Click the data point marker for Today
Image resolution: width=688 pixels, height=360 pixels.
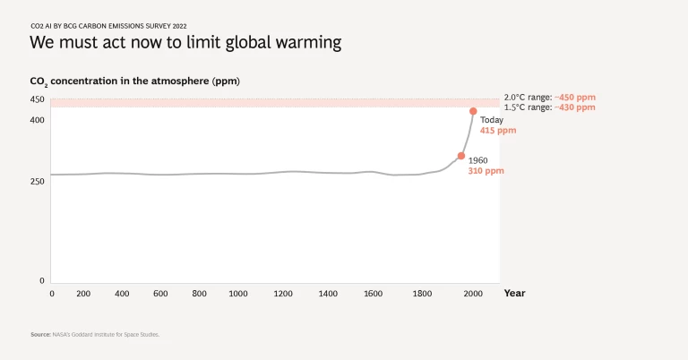tap(473, 111)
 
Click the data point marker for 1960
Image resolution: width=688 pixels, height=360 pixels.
tap(461, 156)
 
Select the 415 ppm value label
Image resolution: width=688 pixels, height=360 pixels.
tap(498, 131)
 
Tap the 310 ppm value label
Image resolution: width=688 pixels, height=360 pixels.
tap(486, 171)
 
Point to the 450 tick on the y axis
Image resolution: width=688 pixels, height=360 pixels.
tap(37, 99)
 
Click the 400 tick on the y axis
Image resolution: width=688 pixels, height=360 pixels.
tap(37, 120)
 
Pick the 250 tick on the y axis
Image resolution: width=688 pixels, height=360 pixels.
tap(37, 181)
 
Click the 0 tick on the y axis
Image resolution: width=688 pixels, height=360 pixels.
tap(41, 281)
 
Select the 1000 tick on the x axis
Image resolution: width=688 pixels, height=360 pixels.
tap(238, 294)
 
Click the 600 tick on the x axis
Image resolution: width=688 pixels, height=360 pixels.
tap(160, 294)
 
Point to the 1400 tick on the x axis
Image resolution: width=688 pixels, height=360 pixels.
tap(328, 294)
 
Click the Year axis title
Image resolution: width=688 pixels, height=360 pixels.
tap(514, 293)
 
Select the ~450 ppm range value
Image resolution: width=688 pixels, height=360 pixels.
tap(575, 97)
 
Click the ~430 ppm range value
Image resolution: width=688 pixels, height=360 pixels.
tap(575, 107)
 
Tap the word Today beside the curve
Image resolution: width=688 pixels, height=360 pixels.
tap(492, 120)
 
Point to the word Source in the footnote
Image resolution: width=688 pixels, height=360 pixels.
tap(41, 334)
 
